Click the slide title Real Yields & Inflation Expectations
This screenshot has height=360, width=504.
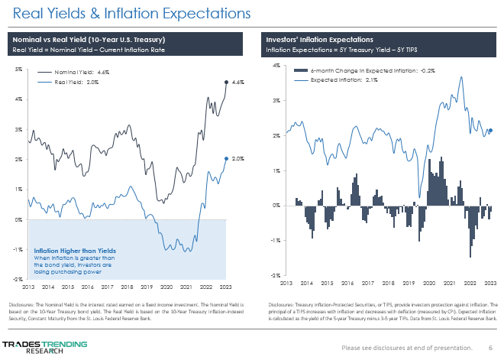coord(127,13)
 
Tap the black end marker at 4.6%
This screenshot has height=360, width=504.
coord(226,82)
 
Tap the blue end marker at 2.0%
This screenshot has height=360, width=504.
coord(226,158)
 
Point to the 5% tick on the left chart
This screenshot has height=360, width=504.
coord(18,69)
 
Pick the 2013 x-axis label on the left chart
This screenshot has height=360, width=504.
coord(27,287)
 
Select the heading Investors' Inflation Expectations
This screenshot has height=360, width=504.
coord(319,39)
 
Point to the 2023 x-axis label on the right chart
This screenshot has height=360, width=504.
coord(491,282)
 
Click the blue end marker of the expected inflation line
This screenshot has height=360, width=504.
coord(490,131)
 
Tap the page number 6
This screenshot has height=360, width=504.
coord(490,348)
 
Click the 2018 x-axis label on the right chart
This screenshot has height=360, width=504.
coord(387,282)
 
